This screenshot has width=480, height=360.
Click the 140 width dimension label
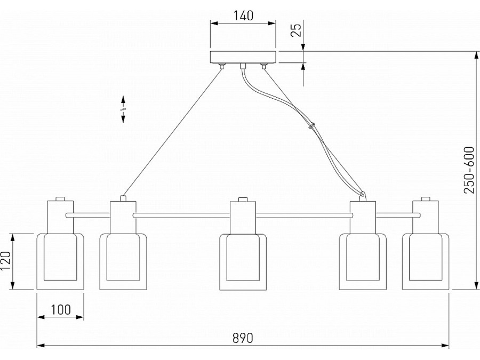[243, 15]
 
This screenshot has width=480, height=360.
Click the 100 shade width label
[61, 309]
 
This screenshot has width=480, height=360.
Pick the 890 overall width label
[243, 338]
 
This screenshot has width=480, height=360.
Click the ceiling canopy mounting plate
[243, 57]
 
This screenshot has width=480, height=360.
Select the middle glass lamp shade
[243, 261]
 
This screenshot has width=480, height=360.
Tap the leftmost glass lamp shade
[60, 261]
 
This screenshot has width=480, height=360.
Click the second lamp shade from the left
[123, 261]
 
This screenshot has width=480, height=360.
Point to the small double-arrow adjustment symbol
[123, 109]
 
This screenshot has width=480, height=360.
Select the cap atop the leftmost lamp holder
[60, 198]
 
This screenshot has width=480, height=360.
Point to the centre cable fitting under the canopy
[243, 66]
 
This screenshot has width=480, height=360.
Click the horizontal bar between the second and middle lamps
[181, 215]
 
